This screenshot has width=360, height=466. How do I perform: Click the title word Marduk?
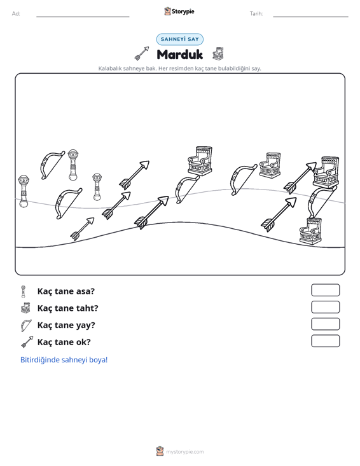coord(179,55)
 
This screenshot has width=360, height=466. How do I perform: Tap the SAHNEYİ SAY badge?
coord(180,39)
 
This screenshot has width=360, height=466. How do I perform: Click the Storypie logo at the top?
coord(179,11)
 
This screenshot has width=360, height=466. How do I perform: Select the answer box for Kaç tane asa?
coord(325,290)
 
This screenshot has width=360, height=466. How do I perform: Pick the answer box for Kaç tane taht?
coord(325,307)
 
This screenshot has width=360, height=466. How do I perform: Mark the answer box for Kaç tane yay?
coord(325,324)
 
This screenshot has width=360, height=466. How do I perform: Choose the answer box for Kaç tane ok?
coord(325,341)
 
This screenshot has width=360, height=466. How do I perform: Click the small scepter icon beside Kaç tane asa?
coord(24,291)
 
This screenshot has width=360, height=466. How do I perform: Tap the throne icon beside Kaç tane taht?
coord(25,308)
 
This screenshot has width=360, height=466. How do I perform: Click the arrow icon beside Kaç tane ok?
coord(27,342)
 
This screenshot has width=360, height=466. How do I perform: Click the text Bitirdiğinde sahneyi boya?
coord(64,360)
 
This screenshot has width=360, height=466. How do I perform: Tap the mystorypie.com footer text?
coord(184,452)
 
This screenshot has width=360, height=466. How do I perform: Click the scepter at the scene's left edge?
coord(24,191)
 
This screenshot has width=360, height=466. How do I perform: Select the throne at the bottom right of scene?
coord(310,231)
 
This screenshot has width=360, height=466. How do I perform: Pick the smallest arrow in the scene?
coord(82,229)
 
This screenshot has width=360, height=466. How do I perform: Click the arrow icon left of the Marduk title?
coord(142,53)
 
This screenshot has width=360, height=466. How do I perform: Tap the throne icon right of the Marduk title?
coord(218,53)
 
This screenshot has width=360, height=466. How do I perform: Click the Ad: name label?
coord(16,14)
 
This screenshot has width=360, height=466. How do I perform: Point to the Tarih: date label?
coord(256,14)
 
